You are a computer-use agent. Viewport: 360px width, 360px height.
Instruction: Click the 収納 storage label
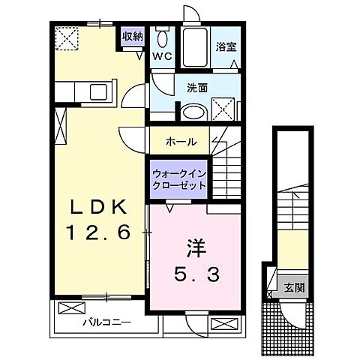(x=133, y=37)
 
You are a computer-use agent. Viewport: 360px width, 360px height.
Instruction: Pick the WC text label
(x=162, y=56)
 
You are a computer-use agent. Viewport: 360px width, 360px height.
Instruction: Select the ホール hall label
(x=181, y=141)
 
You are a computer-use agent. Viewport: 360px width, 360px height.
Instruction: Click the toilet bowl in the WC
(x=162, y=37)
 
